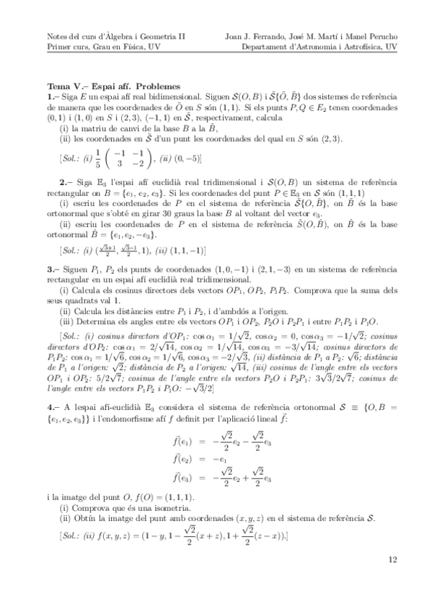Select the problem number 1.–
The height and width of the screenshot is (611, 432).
pos(51,95)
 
